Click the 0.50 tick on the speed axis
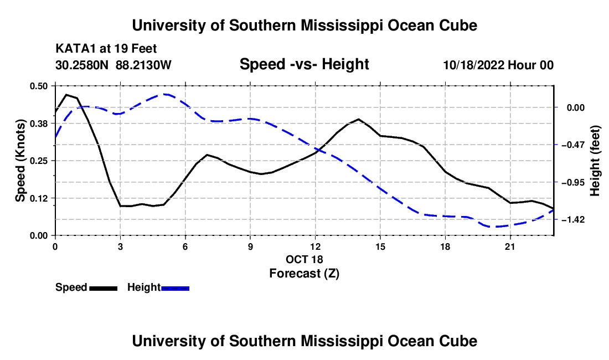coord(38,86)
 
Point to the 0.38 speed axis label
coord(38,124)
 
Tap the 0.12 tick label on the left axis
coord(38,198)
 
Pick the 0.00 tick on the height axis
coord(576,107)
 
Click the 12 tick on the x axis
coord(316,246)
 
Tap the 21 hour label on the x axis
coord(510,246)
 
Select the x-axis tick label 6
coord(185,246)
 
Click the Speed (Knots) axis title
coord(20,161)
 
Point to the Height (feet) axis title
coord(595,161)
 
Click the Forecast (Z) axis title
coord(304,274)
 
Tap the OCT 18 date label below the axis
coord(304,259)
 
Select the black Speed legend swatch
coord(104,288)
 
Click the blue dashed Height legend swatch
coord(175,288)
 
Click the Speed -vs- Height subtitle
coord(304,64)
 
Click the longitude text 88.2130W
coord(143,65)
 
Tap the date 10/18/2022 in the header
coord(474,65)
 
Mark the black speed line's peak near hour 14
coord(359,119)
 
